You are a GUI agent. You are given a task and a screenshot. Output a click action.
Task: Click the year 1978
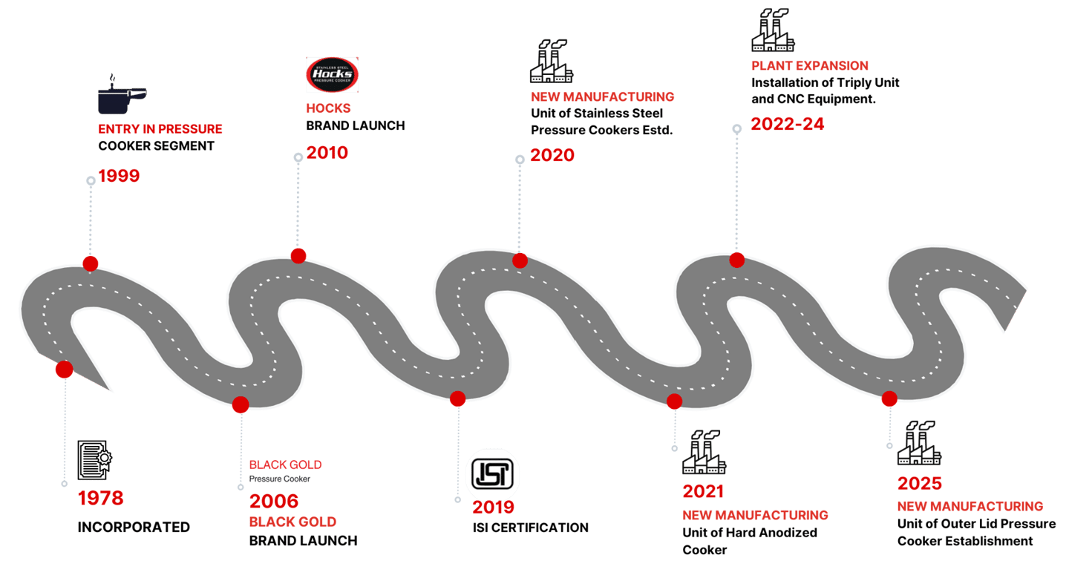coord(101,498)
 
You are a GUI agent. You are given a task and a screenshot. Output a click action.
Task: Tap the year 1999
coord(119,176)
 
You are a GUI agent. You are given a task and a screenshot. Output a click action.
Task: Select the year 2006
coord(274,501)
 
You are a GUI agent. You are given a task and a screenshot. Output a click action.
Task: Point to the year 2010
coord(327,153)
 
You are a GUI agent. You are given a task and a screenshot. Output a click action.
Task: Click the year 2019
coord(494,507)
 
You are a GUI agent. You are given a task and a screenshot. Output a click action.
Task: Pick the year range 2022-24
coord(788,124)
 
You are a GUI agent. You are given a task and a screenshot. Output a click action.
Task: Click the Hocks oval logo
coord(332,74)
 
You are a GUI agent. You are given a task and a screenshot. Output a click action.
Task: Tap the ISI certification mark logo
coord(492,473)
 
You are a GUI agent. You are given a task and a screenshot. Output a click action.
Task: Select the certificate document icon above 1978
coord(94,460)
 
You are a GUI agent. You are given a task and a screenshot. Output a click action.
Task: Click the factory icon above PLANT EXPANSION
coord(773,30)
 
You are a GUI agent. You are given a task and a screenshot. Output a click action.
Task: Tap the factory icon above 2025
coord(919,443)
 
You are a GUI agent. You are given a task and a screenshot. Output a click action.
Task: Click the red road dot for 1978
coord(65,370)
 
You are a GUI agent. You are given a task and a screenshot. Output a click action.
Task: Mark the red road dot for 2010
coord(298,256)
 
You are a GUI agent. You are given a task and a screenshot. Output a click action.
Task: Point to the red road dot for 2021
coord(674,401)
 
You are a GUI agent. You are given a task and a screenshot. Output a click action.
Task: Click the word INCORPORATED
coord(134,527)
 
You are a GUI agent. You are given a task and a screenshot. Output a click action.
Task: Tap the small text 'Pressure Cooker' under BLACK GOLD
coord(280,479)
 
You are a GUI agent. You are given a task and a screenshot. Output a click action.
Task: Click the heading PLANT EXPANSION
coord(810,66)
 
